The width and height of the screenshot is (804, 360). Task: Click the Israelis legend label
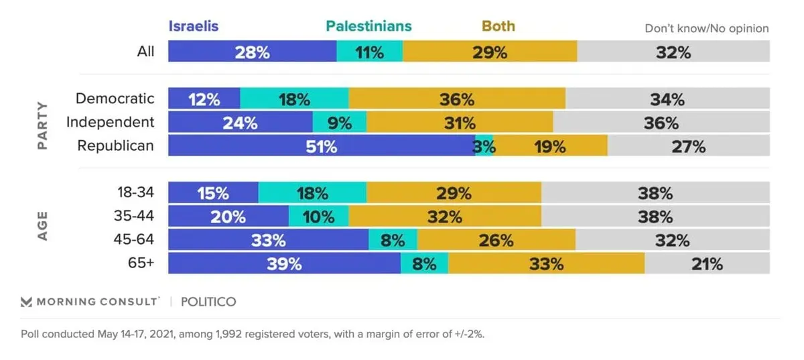[x=194, y=26]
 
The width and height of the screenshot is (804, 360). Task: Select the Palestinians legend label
[x=368, y=26]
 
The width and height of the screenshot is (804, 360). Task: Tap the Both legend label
[x=498, y=26]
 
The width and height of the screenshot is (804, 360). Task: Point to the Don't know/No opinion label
[x=707, y=28]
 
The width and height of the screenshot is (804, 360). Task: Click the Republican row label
[x=115, y=145]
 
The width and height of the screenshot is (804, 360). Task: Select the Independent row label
[x=110, y=122]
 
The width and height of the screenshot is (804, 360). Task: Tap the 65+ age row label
[x=141, y=263]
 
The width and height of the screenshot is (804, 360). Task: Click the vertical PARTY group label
[x=42, y=125]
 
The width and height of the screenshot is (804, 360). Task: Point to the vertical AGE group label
[x=42, y=226]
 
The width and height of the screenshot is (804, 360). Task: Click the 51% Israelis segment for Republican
[x=322, y=145]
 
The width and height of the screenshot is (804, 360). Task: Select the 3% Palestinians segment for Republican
[x=484, y=145]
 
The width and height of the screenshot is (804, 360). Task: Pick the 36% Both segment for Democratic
[x=457, y=99]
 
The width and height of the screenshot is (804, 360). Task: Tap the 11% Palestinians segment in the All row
[x=370, y=51]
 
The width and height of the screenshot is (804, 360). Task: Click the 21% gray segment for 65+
[x=707, y=263]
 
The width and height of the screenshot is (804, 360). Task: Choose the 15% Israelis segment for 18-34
[x=213, y=192]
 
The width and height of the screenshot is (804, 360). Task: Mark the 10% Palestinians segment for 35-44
[x=319, y=216]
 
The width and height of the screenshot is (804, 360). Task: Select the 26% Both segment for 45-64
[x=496, y=239]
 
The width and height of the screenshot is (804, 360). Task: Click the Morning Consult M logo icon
[x=26, y=302]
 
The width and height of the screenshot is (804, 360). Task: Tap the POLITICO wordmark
[x=208, y=302]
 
